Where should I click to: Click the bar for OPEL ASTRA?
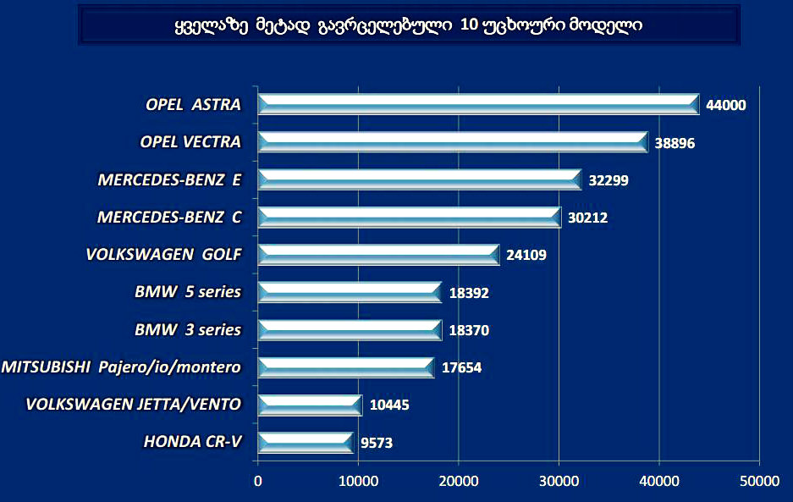click(x=478, y=104)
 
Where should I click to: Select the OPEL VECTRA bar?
click(x=453, y=142)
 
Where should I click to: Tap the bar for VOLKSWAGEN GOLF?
click(x=378, y=254)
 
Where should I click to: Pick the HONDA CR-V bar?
click(x=305, y=442)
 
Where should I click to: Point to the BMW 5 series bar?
click(x=349, y=292)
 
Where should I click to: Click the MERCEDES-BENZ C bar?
click(x=409, y=217)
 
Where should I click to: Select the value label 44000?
click(x=726, y=105)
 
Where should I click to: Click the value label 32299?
click(x=609, y=179)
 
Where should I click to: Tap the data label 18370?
click(x=469, y=330)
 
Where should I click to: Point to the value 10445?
click(x=389, y=405)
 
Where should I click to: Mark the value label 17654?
click(x=462, y=367)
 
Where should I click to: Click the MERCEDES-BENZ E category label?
click(x=169, y=179)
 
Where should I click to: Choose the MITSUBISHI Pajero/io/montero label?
click(x=121, y=367)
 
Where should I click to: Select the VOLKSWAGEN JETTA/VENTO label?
click(x=133, y=404)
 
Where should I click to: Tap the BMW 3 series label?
click(x=187, y=329)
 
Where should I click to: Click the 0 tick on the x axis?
click(x=257, y=481)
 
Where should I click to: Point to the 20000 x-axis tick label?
click(x=458, y=481)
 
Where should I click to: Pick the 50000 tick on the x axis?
click(x=759, y=481)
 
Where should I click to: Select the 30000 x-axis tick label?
click(x=559, y=481)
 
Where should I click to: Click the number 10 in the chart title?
click(x=469, y=25)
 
